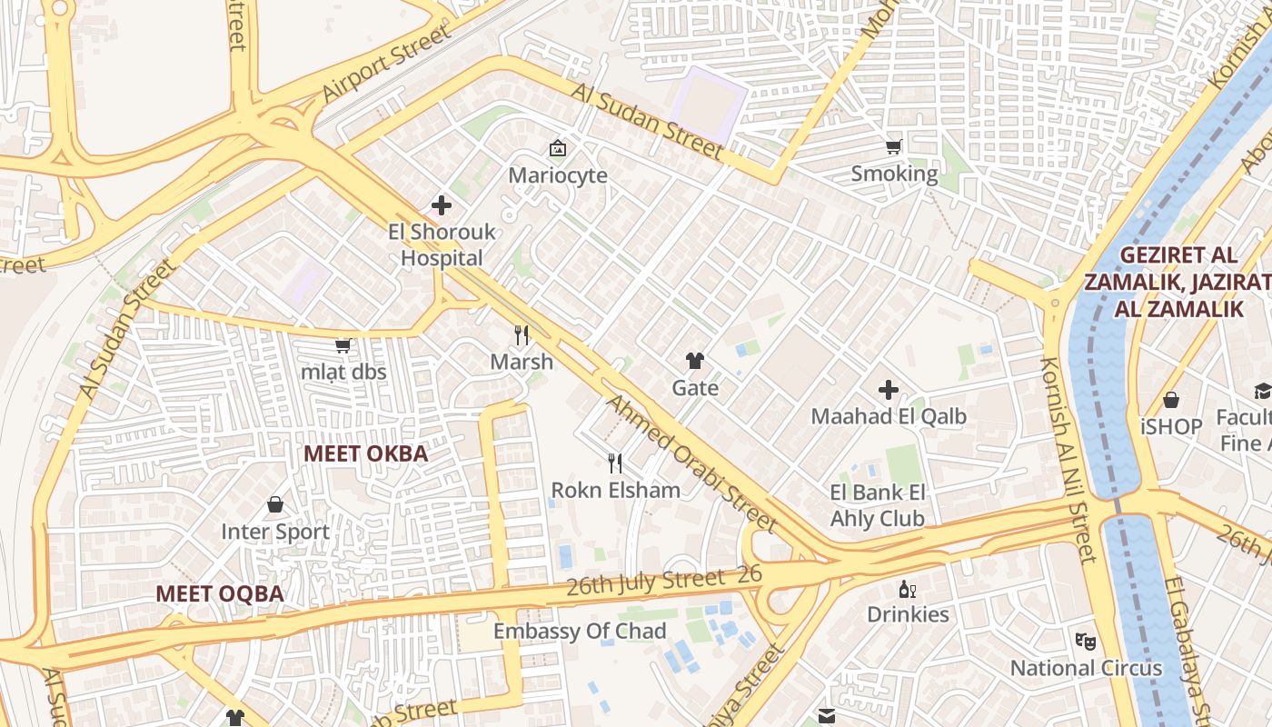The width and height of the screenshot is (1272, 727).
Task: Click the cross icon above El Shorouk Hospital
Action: [442, 205]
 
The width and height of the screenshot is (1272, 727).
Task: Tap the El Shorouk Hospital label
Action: [442, 244]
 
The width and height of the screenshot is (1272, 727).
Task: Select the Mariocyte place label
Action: [557, 175]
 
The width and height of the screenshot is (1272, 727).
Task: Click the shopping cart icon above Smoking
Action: [894, 146]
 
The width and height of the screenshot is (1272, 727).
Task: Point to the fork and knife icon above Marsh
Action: [522, 335]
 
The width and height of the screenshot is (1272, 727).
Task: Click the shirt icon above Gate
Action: [695, 361]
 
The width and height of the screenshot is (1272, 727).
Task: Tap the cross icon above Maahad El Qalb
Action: [889, 391]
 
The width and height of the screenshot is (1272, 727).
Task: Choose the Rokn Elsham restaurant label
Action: [615, 490]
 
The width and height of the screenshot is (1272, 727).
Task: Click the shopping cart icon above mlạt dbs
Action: [343, 345]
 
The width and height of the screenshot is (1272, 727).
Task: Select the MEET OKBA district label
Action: [365, 453]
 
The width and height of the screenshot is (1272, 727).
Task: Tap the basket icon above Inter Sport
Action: [275, 504]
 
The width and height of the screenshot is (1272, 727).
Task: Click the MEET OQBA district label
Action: [219, 593]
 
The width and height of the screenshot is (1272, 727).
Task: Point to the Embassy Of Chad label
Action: [580, 631]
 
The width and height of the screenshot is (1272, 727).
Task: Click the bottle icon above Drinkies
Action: [905, 589]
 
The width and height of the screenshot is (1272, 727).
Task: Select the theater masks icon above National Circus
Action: [1085, 642]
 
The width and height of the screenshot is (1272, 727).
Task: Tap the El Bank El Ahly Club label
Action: [878, 505]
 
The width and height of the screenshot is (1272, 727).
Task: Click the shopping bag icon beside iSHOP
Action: [1171, 400]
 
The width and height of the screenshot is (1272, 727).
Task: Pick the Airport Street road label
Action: [386, 64]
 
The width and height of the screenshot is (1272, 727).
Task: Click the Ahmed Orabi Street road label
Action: [691, 463]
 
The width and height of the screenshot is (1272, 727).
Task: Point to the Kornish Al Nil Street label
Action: [1068, 459]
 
